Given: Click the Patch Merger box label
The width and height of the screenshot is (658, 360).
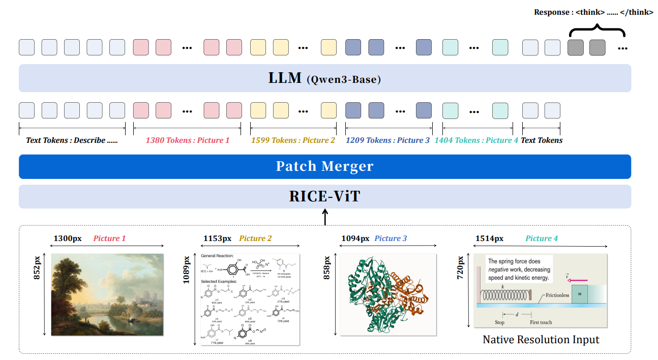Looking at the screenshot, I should tap(324, 166).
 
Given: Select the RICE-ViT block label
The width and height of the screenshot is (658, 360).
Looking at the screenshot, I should tap(324, 196).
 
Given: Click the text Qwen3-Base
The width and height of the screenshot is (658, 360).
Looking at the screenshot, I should tap(343, 79).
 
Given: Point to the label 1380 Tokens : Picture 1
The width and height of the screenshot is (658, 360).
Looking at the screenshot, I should tap(187, 140).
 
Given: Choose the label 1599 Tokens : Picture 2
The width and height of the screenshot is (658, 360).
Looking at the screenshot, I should tap(293, 140).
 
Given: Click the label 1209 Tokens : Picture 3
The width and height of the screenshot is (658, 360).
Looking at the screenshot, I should tap(387, 140).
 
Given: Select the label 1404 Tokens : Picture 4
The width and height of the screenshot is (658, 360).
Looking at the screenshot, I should tap(476, 140).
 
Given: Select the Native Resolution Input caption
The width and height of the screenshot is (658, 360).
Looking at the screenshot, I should tap(541, 339).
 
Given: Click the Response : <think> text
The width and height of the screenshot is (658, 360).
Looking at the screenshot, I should tap(593, 12).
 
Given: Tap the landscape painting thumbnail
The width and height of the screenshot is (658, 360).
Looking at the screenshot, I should tap(107, 294).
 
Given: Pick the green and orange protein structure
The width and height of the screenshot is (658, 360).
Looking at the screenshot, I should tap(388, 294).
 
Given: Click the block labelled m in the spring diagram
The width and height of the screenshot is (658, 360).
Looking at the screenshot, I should tap(580, 294).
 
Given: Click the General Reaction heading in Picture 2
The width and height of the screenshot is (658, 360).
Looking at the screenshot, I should tap(217, 256).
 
